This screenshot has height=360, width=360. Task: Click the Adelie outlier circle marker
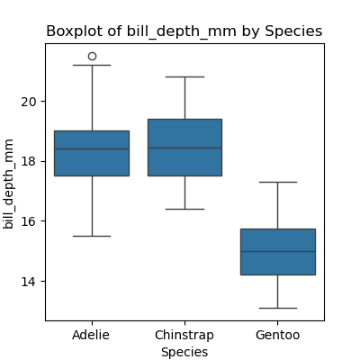(x=92, y=56)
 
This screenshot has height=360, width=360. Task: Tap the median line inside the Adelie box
(x=92, y=148)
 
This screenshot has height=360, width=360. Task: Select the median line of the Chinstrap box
(x=184, y=148)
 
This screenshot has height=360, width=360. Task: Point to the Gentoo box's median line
(x=278, y=251)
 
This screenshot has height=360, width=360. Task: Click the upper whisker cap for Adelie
(x=92, y=65)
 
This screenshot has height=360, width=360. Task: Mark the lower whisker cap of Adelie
(x=92, y=236)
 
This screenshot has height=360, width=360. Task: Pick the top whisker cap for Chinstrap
(x=184, y=77)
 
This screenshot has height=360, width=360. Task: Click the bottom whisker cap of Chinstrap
(x=184, y=209)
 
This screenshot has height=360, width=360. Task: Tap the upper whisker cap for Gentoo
(x=278, y=182)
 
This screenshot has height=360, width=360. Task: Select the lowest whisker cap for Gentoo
(x=278, y=308)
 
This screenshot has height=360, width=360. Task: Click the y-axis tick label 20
(x=28, y=102)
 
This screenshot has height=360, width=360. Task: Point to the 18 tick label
(x=28, y=162)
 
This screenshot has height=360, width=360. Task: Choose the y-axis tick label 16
(x=28, y=221)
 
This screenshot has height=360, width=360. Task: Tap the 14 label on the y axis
(x=28, y=282)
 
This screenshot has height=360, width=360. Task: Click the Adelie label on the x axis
(x=91, y=335)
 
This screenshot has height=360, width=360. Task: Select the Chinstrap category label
(x=184, y=335)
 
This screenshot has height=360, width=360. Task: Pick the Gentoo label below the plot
(x=278, y=335)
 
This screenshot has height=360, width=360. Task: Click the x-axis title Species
(x=184, y=352)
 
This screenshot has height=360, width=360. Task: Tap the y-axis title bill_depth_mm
(x=9, y=184)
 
